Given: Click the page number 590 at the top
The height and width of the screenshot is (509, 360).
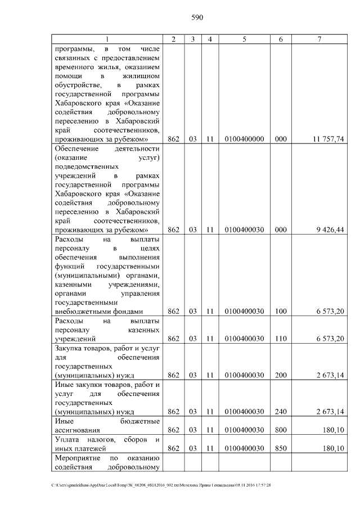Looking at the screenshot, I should [197, 17].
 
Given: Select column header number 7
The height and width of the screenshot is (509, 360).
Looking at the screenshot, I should [319, 39].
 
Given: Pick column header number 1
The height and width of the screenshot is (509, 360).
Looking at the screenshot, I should [106, 39].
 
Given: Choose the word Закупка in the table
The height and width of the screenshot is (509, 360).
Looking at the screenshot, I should [68, 348].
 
